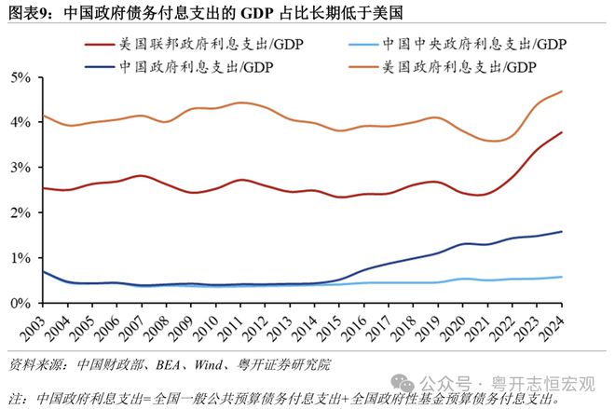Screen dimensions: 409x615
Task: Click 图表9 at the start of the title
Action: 29,12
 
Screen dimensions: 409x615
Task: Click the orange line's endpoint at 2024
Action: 562,91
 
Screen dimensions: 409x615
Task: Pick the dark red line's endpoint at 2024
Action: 562,132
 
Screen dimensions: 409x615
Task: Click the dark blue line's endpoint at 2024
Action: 562,231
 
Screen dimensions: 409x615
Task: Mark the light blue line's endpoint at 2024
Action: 562,277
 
